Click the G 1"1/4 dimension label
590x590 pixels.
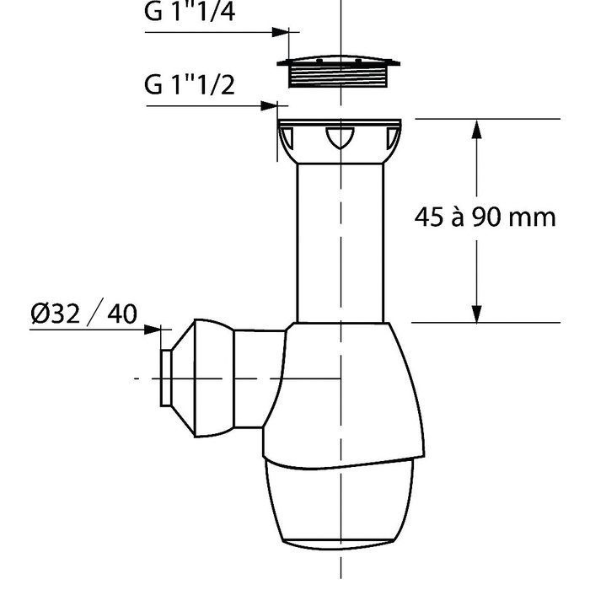tap(190, 11)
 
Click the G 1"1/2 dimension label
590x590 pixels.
tap(190, 84)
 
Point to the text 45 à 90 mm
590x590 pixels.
tap(485, 217)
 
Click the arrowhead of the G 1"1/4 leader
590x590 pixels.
tap(281, 32)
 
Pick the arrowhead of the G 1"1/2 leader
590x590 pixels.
tap(269, 105)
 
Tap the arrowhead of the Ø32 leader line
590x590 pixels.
tap(153, 330)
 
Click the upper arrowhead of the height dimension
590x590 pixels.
tap(477, 129)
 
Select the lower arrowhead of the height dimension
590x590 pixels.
tap(477, 313)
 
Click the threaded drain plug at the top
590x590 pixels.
tap(339, 72)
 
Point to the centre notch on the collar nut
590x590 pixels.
tap(340, 137)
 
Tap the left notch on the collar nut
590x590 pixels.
tap(287, 138)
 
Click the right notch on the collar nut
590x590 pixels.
tap(392, 138)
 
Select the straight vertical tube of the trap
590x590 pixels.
tap(341, 243)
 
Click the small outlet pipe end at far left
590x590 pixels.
tap(166, 378)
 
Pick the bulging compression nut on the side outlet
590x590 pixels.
tap(214, 378)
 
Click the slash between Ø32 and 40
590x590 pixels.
tap(94, 313)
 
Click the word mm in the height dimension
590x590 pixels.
tap(532, 219)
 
